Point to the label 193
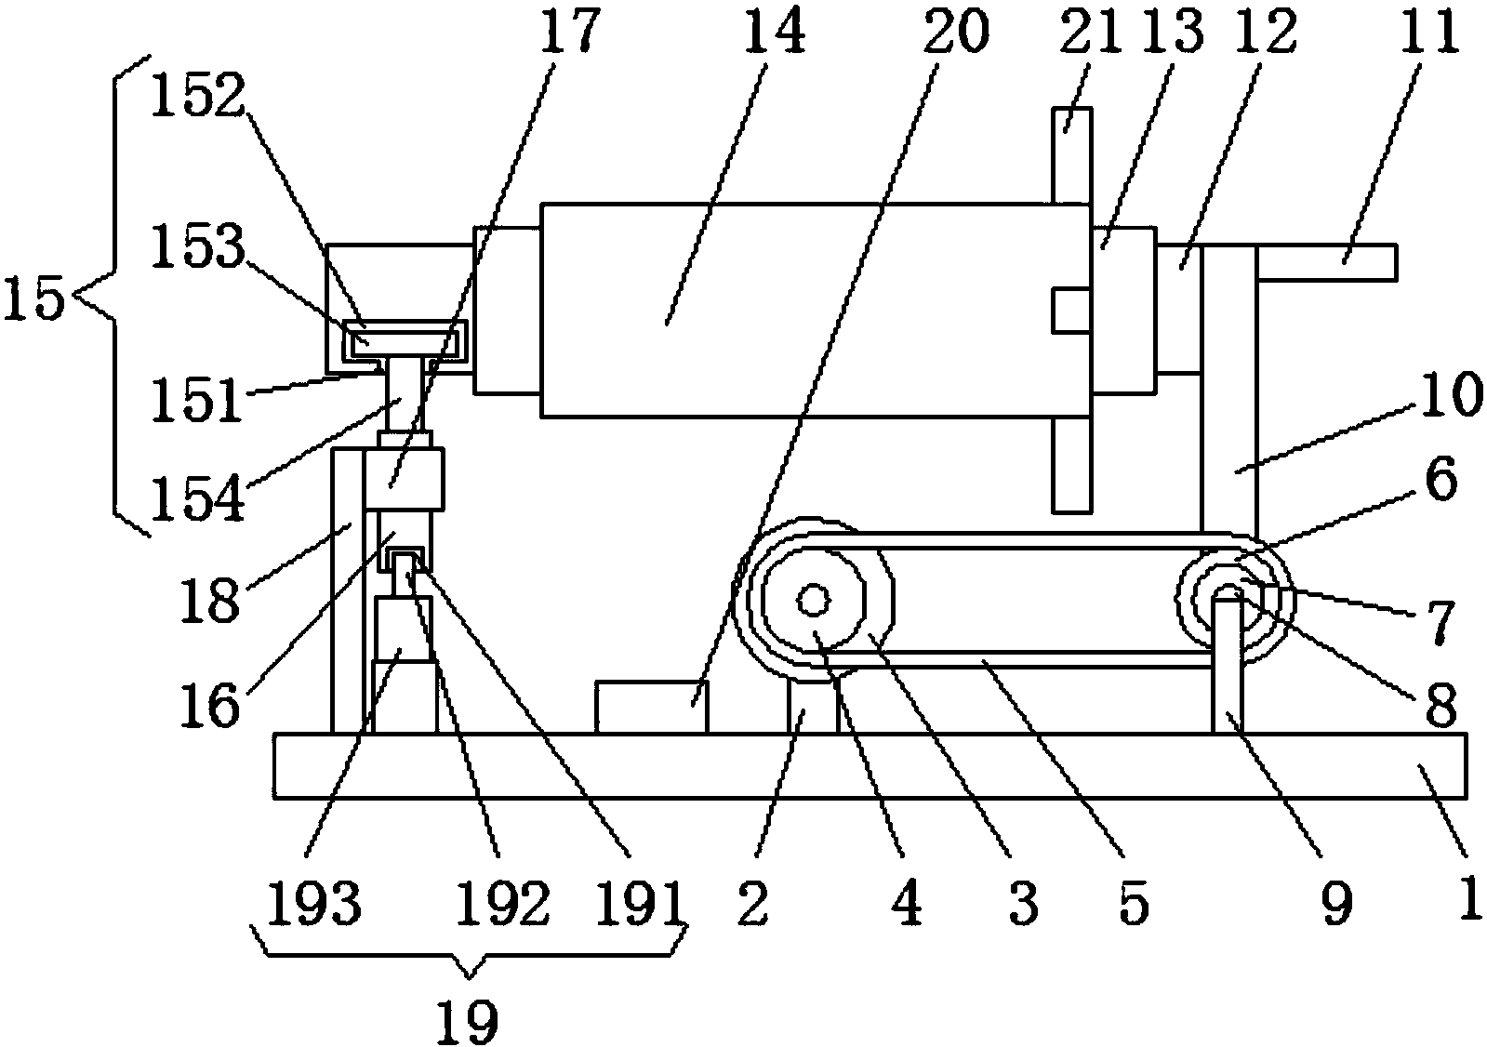click(313, 902)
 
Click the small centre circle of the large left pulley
click(814, 601)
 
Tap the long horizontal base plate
click(870, 764)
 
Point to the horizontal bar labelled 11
click(1325, 261)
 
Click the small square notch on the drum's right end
click(1070, 310)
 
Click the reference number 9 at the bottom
click(1335, 902)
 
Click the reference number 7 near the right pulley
click(1441, 623)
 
